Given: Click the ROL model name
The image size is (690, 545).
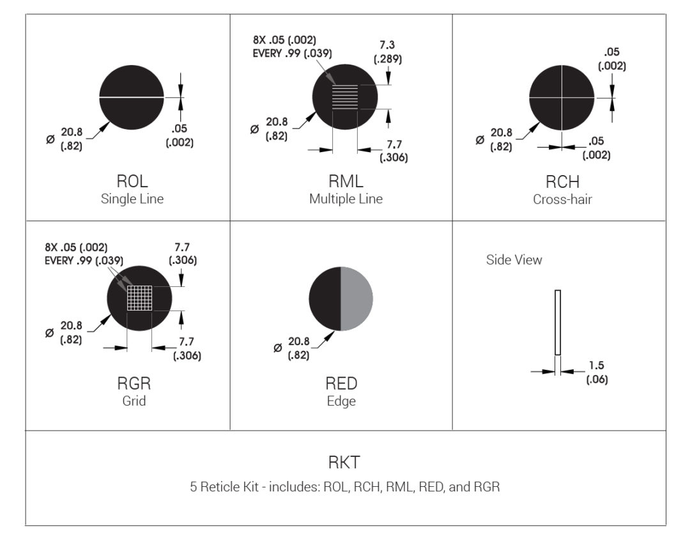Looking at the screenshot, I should tap(132, 183).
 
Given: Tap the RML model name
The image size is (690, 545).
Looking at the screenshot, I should tap(346, 183).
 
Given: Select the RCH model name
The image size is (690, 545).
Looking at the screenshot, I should tap(562, 183).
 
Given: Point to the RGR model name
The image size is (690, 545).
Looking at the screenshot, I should tap(134, 384).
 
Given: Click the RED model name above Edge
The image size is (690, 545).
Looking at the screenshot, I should tap(341, 384).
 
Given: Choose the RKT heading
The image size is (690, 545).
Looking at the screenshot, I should tap(345, 463).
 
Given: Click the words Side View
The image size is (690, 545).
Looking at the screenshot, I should tap(514, 260).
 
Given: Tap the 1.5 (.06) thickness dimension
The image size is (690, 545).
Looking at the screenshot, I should tap(597, 372).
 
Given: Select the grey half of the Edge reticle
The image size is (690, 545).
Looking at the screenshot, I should tap(356, 299).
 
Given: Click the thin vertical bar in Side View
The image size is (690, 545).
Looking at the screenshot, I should tap(558, 323).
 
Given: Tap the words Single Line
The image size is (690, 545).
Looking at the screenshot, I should tap(132, 199).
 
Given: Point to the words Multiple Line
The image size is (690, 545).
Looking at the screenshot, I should tap(346, 199).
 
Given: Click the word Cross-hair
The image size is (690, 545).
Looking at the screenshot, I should tap(562, 199).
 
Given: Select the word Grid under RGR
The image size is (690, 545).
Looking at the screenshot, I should tap(134, 401).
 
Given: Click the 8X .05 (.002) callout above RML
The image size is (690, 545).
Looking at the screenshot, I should tap(284, 40).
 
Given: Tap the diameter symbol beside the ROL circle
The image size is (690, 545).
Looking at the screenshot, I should tap(50, 140).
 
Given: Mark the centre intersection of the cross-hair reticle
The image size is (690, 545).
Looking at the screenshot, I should tap(562, 98).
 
